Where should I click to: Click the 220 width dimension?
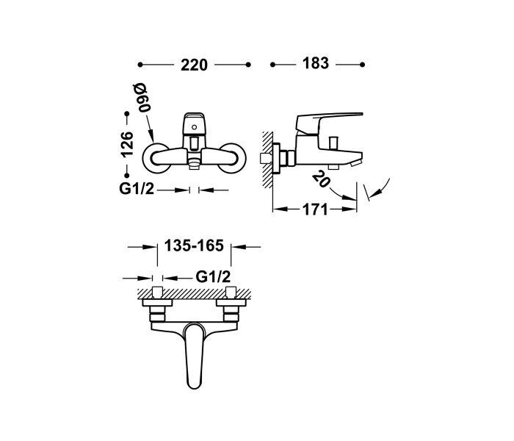click(194, 65)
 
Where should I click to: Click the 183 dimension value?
click(315, 65)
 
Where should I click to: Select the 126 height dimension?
click(127, 145)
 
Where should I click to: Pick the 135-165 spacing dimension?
click(194, 248)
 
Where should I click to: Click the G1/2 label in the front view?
click(137, 190)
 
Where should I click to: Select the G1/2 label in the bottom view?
click(214, 277)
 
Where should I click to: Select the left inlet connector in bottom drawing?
click(157, 307)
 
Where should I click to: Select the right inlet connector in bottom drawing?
click(231, 307)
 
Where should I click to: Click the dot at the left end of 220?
click(140, 65)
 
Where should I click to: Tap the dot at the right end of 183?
click(362, 65)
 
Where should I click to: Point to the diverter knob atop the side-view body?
click(332, 141)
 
